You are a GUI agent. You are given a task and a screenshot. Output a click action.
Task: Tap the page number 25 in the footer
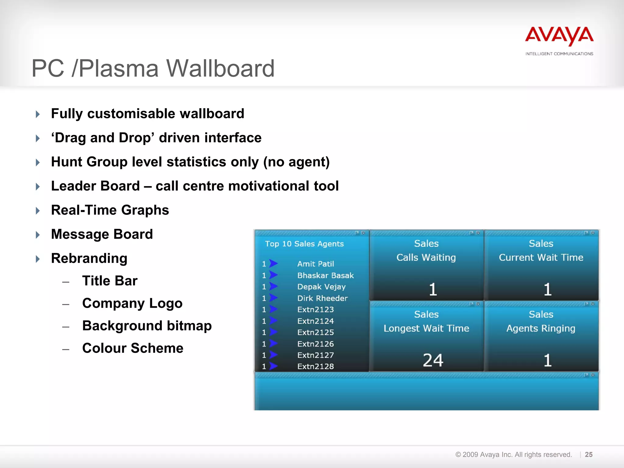click(x=589, y=455)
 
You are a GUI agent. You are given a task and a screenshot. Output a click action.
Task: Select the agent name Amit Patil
click(x=315, y=264)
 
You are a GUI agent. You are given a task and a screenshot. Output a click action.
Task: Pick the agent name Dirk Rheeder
click(x=322, y=298)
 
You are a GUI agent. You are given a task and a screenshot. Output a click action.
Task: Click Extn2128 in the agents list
click(x=315, y=367)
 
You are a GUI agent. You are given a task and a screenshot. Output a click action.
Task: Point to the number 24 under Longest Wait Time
click(x=433, y=360)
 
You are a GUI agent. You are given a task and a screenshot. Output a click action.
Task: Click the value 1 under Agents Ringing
click(x=548, y=360)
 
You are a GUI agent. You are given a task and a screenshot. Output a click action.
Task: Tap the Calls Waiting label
click(x=426, y=258)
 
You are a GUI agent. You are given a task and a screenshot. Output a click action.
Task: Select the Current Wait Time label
click(x=541, y=258)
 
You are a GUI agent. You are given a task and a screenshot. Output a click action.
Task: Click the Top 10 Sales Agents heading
click(x=304, y=244)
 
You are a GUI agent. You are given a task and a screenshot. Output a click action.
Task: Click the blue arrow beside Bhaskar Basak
click(x=274, y=275)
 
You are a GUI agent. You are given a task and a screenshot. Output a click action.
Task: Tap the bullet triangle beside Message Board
click(x=38, y=235)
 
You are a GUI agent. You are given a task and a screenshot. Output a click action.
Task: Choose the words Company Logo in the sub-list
click(x=132, y=303)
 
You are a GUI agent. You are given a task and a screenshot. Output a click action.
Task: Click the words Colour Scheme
click(x=133, y=348)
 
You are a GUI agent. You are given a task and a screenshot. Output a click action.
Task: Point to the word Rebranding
click(x=89, y=258)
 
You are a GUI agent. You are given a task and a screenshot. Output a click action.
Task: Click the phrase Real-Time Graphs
click(x=110, y=210)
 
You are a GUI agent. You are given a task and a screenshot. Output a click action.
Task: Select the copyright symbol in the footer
click(x=458, y=455)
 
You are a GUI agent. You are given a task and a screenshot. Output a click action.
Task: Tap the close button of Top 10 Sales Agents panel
click(x=363, y=233)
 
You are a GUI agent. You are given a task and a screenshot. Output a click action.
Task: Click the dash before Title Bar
click(x=66, y=282)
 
